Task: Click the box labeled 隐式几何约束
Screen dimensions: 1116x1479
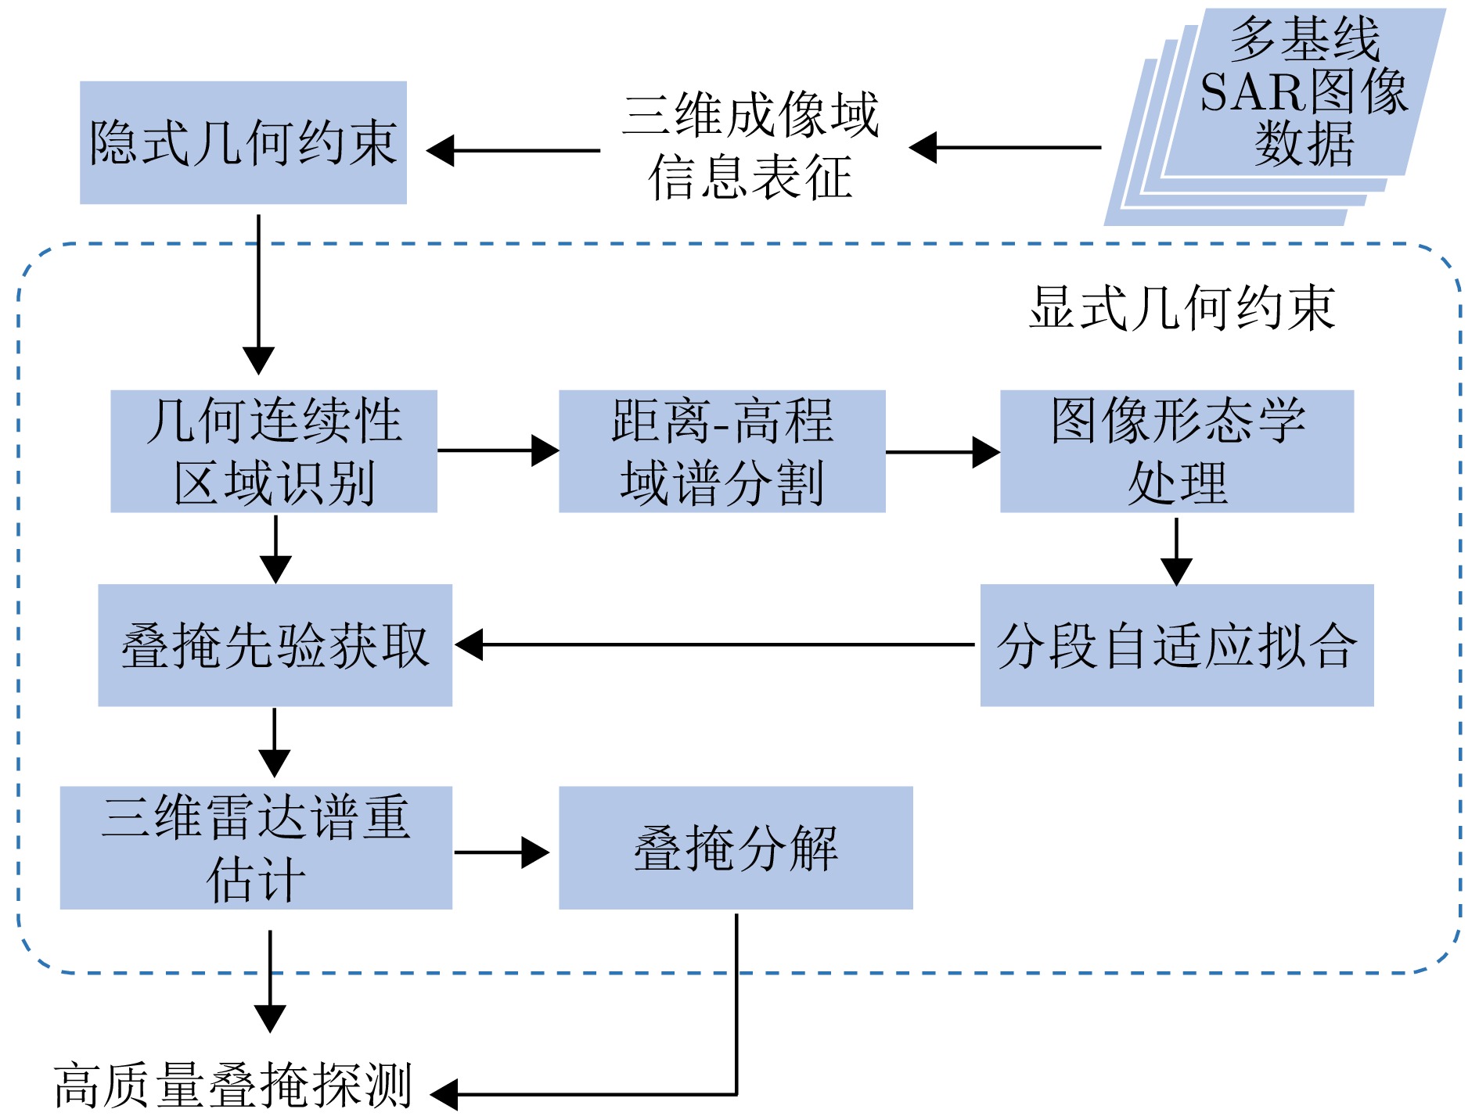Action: pyautogui.click(x=243, y=142)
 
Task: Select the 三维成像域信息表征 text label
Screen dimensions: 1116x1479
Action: pyautogui.click(x=750, y=146)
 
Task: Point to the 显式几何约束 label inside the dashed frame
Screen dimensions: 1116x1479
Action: pyautogui.click(x=1182, y=308)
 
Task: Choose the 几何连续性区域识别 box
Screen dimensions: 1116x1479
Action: pyautogui.click(x=274, y=451)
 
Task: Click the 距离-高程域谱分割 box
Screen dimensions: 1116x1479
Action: pyautogui.click(x=722, y=451)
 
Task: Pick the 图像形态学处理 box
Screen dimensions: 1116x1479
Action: pyautogui.click(x=1176, y=451)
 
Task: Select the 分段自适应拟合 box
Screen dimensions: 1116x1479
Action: pyautogui.click(x=1176, y=645)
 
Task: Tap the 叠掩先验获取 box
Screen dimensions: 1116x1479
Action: pyautogui.click(x=275, y=645)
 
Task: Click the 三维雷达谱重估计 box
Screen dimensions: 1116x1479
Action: pyautogui.click(x=256, y=848)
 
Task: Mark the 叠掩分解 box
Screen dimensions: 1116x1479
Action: pyautogui.click(x=736, y=848)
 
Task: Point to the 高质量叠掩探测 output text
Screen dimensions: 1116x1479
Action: pyautogui.click(x=233, y=1085)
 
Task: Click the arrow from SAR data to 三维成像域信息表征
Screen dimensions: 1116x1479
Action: pyautogui.click(x=1005, y=147)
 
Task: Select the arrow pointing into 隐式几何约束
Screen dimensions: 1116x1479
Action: pyautogui.click(x=513, y=150)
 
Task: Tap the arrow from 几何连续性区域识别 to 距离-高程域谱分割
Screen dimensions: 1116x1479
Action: pyautogui.click(x=498, y=450)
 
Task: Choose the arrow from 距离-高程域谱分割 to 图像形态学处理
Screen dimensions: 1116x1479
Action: pyautogui.click(x=942, y=452)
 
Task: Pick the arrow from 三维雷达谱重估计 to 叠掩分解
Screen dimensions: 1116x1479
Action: pyautogui.click(x=502, y=852)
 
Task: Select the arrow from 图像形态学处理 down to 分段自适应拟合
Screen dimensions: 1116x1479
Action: pyautogui.click(x=1176, y=551)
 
